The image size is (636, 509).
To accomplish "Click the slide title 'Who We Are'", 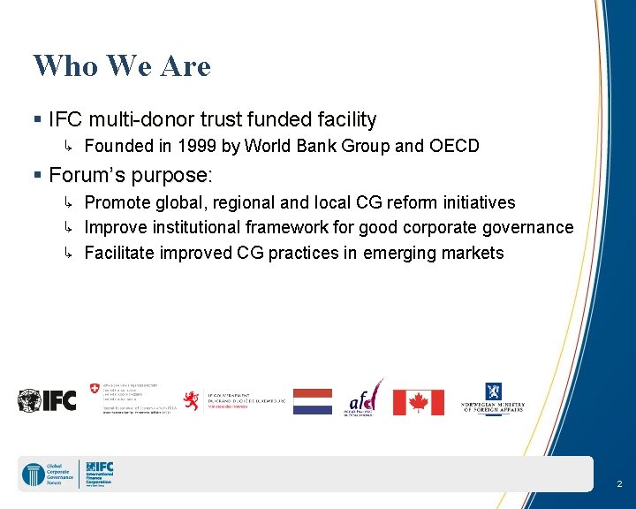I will click(122, 66).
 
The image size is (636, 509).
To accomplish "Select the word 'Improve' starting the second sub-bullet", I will click(116, 228).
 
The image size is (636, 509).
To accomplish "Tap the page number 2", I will click(619, 484).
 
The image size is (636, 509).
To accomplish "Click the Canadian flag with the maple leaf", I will click(419, 402).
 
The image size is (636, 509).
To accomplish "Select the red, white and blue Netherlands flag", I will click(313, 401).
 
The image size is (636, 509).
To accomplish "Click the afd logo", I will click(364, 399).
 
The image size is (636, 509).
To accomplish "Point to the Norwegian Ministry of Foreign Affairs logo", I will click(493, 399).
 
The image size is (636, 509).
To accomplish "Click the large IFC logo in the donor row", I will click(47, 400).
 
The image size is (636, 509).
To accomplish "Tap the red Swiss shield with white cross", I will click(95, 389).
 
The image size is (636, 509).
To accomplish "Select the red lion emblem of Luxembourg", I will click(190, 400).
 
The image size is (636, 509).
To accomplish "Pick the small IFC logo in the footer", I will click(99, 475).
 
